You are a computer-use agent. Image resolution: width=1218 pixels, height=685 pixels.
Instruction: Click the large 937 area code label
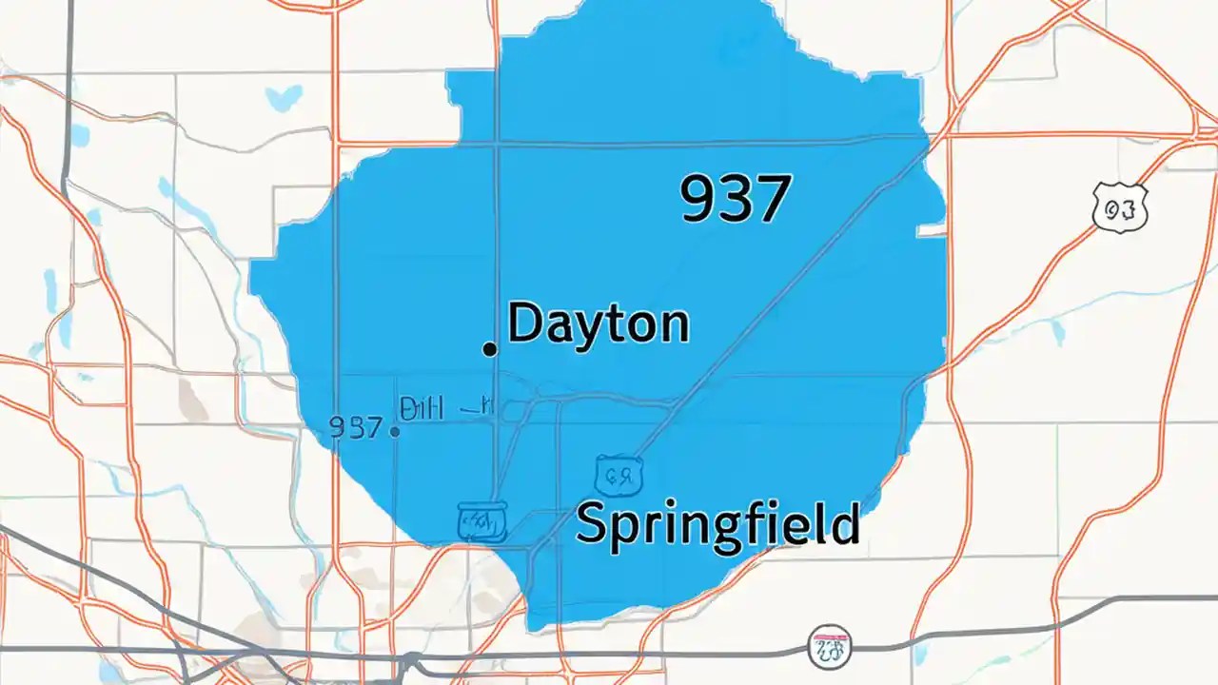(735, 200)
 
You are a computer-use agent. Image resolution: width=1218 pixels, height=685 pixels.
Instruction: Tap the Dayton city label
(599, 324)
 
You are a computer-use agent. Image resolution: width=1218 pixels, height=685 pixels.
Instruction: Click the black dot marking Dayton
(490, 349)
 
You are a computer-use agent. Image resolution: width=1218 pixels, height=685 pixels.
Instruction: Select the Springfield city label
(717, 524)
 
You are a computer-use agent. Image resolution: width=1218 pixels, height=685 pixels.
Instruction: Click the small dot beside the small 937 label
(395, 431)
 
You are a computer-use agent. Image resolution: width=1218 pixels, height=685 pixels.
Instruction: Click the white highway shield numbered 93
(1121, 208)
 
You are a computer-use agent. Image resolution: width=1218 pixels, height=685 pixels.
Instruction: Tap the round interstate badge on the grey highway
(829, 648)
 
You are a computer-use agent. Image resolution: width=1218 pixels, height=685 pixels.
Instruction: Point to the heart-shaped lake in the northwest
(285, 97)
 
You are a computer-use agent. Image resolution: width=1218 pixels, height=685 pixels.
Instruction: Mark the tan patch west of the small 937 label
(194, 400)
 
